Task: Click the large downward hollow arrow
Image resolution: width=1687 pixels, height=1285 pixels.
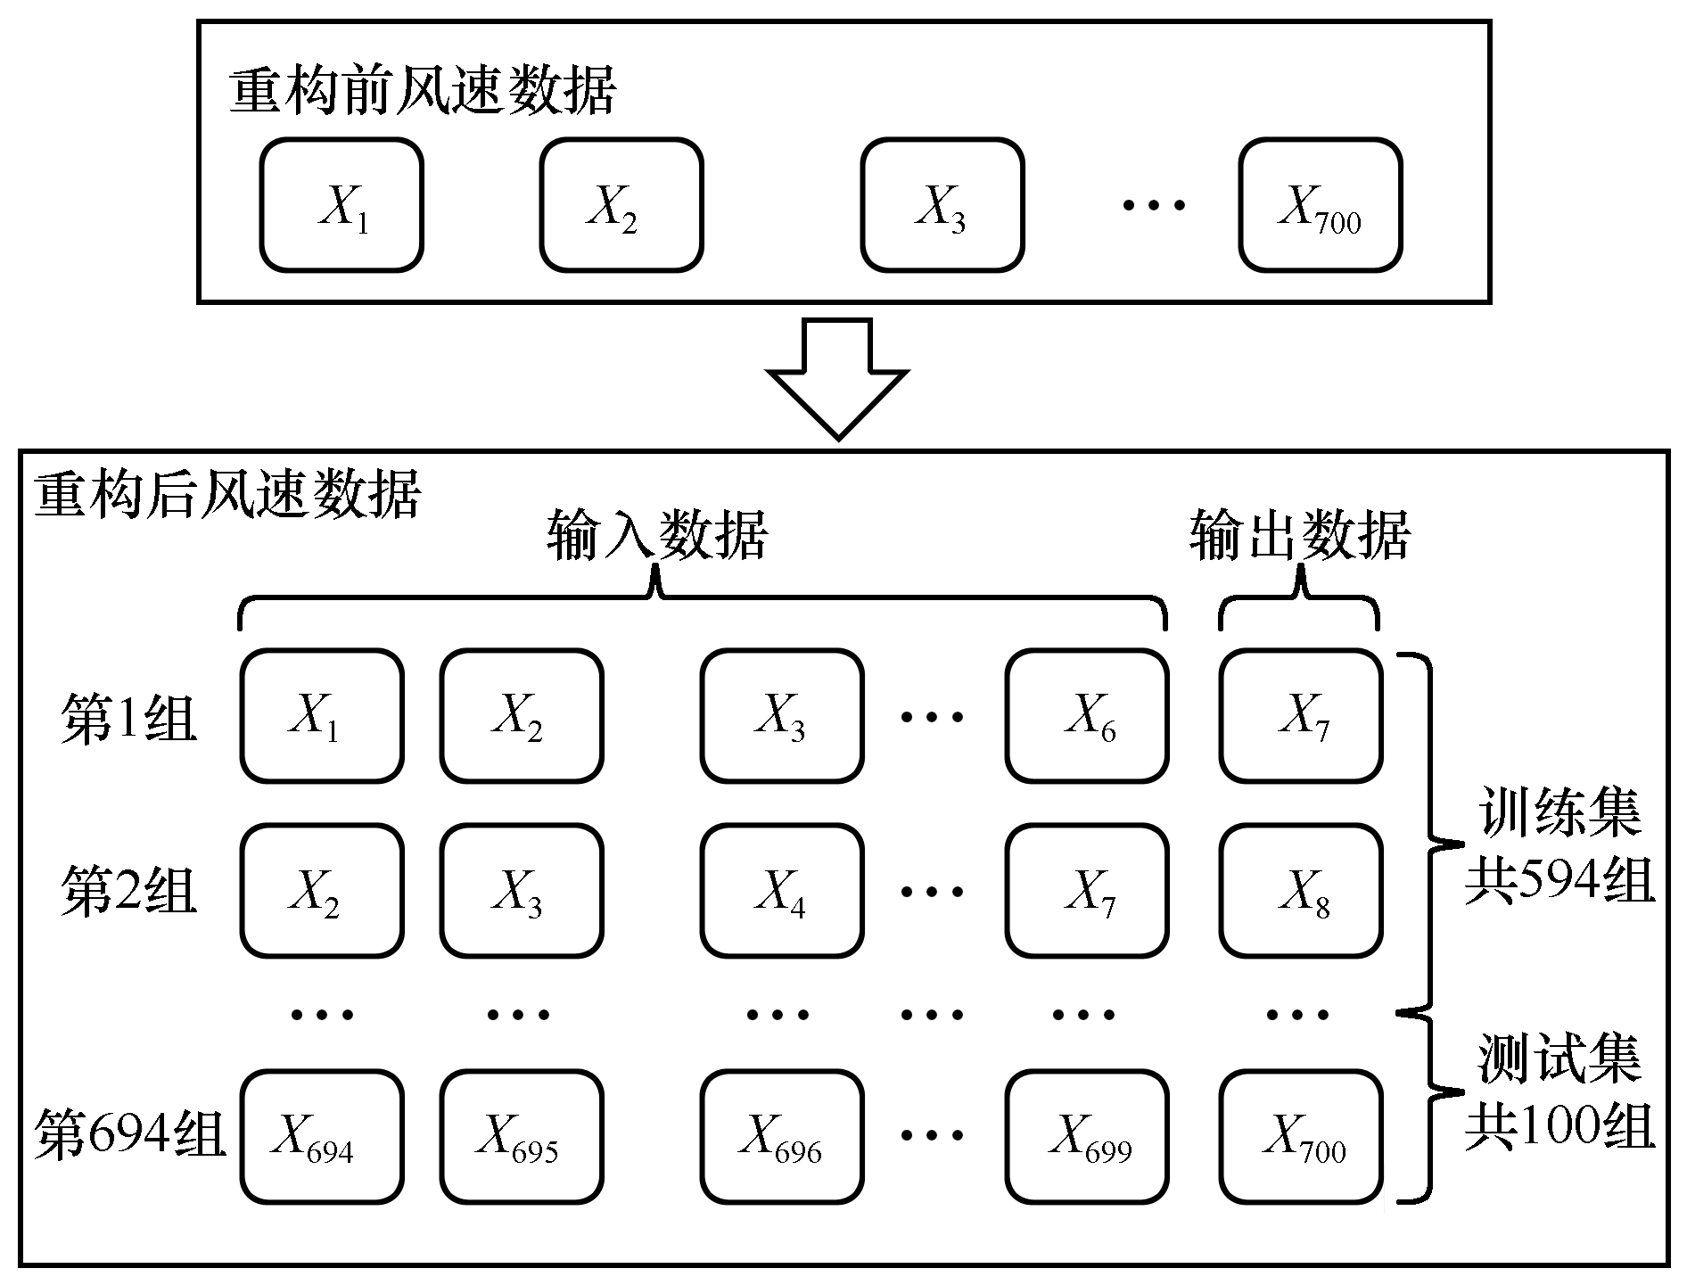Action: point(838,378)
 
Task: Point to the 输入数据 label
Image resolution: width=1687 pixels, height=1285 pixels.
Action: point(657,535)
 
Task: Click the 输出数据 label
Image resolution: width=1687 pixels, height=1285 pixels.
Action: point(1300,535)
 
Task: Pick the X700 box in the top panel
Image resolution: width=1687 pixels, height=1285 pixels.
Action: point(1320,204)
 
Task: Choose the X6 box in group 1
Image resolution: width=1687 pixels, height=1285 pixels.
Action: point(1087,716)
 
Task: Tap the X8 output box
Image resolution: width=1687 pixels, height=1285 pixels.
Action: point(1302,891)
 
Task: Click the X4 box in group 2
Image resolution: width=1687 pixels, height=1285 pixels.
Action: point(782,891)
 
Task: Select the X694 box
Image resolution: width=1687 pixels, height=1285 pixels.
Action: point(322,1137)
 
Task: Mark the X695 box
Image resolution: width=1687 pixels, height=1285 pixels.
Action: point(522,1137)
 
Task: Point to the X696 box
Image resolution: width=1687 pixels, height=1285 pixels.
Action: point(782,1137)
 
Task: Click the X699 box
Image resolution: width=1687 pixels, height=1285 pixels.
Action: point(1087,1137)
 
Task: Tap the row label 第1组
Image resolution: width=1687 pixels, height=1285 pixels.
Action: point(128,718)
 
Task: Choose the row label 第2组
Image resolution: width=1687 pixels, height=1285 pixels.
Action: point(128,892)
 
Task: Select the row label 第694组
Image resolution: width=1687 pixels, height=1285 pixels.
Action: point(130,1135)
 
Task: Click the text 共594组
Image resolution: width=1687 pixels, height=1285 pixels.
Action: point(1559,881)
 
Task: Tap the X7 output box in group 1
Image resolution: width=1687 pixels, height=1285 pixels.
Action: point(1302,716)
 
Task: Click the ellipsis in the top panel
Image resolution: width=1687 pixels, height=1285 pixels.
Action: point(1154,205)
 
